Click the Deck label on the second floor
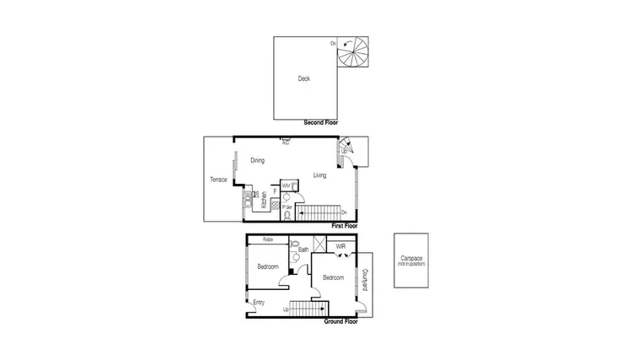304,79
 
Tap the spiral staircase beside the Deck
352,54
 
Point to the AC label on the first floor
287,142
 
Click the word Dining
258,160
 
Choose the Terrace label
218,180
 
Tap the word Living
320,175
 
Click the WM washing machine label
286,185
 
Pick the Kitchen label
264,199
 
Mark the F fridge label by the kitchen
275,191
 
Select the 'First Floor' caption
345,226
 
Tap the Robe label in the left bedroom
267,239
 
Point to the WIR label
340,247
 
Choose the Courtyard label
364,280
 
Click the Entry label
259,303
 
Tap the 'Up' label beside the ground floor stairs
287,309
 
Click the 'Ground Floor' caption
341,321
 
